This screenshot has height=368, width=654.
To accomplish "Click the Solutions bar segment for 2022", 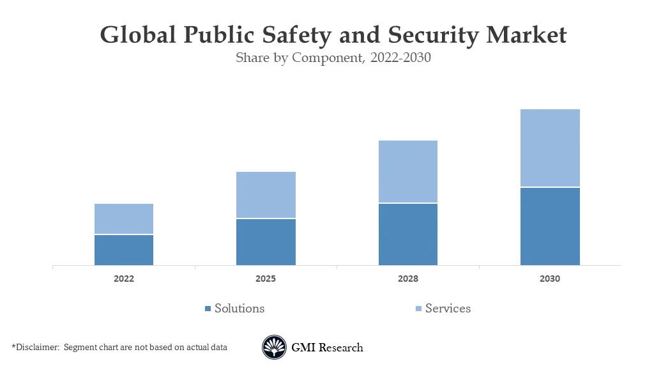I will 124,250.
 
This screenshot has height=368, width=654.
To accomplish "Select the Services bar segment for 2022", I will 124,219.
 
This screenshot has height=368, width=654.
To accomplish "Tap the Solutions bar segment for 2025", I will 266,242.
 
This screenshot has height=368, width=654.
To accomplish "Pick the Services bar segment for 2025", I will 266,195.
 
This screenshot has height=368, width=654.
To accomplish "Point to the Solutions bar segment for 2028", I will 408,234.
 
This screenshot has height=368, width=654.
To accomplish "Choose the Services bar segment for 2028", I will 408,171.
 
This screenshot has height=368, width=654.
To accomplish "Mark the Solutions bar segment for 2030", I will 550,226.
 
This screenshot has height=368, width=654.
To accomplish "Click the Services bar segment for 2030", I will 550,148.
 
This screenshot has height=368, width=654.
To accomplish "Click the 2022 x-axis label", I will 124,279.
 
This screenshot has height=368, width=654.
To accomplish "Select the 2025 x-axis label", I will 266,279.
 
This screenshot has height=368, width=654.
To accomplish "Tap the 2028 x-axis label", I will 408,279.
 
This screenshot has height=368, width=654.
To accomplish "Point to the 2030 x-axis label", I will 550,279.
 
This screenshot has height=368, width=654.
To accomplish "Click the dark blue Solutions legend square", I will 208,309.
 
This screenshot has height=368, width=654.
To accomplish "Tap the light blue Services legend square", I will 418,309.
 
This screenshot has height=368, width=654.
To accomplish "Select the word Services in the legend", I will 448,309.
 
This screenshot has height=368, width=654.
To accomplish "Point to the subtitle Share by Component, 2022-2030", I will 333,57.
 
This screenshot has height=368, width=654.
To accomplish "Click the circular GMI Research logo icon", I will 274,348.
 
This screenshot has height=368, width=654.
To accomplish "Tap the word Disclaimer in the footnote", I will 37,348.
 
